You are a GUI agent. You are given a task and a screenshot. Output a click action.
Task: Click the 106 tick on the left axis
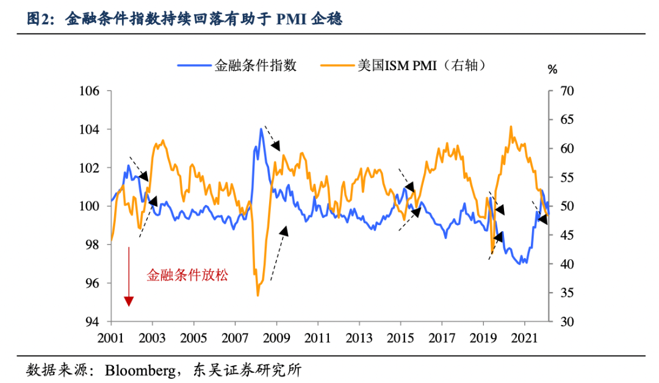tap(91, 91)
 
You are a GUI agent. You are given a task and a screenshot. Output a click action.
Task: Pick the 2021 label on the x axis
tap(527, 337)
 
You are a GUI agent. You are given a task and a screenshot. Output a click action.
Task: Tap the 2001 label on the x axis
tap(110, 337)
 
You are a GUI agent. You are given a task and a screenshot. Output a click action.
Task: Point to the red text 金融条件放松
tap(187, 275)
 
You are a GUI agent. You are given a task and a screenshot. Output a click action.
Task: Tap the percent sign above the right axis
tap(552, 70)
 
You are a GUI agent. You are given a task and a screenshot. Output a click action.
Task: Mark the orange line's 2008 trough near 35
tap(257, 295)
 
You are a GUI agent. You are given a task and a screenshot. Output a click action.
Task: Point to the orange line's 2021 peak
tap(510, 126)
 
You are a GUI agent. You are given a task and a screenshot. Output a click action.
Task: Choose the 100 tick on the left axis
tap(91, 206)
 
